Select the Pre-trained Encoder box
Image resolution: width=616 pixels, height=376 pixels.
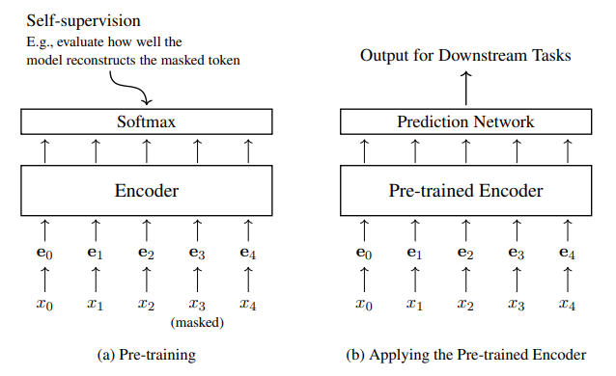[465, 191]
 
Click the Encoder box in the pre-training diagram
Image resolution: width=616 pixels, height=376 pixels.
[146, 191]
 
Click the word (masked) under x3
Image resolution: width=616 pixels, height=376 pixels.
[198, 323]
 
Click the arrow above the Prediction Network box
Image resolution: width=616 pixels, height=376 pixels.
[465, 89]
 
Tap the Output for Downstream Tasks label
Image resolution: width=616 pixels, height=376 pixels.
[465, 56]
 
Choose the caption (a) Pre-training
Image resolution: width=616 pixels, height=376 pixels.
[146, 355]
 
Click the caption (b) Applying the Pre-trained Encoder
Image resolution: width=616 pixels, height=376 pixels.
[465, 355]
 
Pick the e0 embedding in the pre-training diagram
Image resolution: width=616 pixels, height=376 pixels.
[44, 254]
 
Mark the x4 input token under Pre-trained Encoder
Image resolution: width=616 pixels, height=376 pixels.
[568, 305]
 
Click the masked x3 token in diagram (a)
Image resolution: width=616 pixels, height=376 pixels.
[198, 305]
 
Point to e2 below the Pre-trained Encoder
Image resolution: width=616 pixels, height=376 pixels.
[465, 254]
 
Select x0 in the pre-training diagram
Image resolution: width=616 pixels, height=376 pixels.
[44, 305]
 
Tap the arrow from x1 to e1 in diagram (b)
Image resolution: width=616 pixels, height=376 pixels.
[415, 280]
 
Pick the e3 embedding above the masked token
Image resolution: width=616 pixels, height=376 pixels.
[198, 254]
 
